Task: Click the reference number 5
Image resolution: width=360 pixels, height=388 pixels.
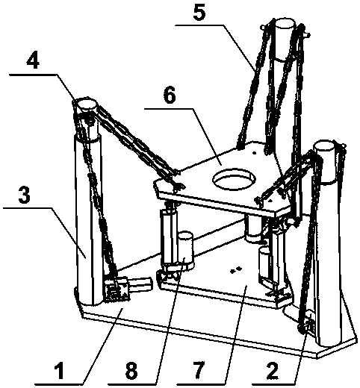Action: point(199,13)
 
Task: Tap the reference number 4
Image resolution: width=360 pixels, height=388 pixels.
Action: point(33,61)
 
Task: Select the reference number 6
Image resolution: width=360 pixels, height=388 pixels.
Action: point(170,95)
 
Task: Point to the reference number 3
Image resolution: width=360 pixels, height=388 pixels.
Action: point(25,195)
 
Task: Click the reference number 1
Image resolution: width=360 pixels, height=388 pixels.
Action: point(60,370)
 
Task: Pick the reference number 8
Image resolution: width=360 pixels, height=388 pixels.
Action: point(131,370)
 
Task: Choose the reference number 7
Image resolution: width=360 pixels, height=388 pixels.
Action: point(198,370)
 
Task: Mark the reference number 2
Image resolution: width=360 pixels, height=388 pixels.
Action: point(272,370)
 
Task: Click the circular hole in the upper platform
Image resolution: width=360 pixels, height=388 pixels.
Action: point(234,179)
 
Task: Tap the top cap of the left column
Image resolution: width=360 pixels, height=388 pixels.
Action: point(86,104)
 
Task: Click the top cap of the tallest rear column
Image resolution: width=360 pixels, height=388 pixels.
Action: point(285,23)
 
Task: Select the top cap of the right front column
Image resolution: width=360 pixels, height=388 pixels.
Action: point(324,145)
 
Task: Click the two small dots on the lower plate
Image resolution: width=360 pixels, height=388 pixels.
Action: point(235,270)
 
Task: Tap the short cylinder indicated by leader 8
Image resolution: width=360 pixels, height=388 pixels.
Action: point(184,250)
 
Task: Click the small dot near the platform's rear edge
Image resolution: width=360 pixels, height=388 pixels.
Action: point(254,153)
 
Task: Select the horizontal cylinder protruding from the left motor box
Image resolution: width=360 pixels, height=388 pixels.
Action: point(140,284)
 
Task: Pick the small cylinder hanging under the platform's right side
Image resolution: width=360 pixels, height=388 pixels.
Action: point(252,229)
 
